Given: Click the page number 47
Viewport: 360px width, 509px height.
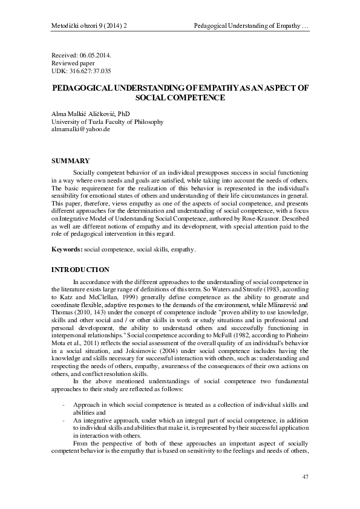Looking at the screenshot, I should [x=305, y=478].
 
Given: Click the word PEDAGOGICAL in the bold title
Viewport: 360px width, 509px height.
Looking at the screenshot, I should [x=91, y=88].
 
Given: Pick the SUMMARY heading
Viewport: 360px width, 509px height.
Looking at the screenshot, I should [x=70, y=160].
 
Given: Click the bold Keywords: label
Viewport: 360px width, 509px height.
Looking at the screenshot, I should [x=67, y=249].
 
